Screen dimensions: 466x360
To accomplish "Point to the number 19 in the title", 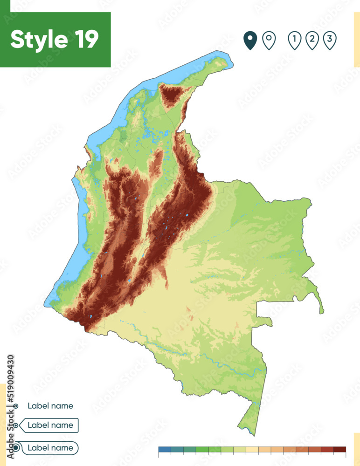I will point(86,40).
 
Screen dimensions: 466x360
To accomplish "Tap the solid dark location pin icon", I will point(251,41).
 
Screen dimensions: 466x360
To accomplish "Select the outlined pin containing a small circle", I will point(269,41).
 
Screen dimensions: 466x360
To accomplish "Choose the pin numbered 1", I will point(294,41).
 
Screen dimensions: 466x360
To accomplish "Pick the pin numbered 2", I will point(312,41).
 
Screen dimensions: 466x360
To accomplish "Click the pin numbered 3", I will point(330,41).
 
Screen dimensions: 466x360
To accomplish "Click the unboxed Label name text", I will point(50,406).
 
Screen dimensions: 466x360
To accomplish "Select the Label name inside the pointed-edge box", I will point(50,425).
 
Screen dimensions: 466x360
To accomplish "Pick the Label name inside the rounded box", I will point(50,448).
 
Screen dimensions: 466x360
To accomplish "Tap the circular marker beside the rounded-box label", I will point(16,448).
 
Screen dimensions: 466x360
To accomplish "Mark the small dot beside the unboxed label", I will point(16,406).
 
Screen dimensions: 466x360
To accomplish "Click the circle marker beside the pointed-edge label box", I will point(16,425).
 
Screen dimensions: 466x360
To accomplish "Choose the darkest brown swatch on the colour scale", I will point(340,450).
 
